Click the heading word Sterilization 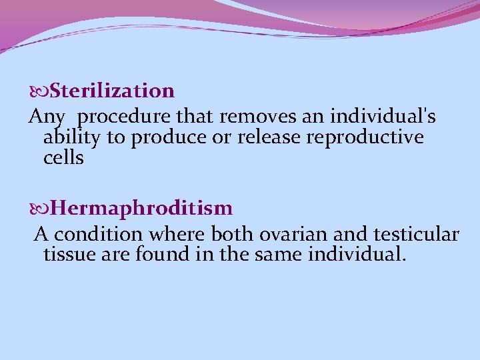[112, 90]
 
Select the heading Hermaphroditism [141, 209]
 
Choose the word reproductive [360, 137]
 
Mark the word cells [63, 158]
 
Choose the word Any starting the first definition [47, 117]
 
